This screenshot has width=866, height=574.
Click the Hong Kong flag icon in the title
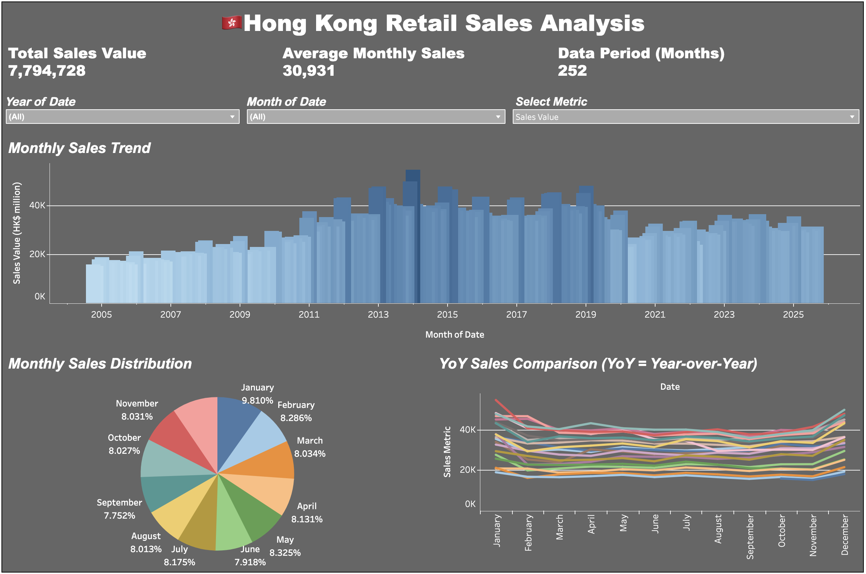[232, 23]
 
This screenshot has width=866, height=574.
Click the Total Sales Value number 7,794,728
[47, 70]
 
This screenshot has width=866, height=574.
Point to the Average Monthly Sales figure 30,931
[308, 70]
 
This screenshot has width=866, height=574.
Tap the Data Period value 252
[572, 70]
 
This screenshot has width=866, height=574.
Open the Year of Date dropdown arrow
[232, 117]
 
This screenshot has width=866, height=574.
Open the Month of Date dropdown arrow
[498, 117]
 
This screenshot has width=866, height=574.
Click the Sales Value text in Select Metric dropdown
[537, 117]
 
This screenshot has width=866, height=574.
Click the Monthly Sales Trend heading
[79, 148]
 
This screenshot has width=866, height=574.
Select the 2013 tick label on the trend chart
[378, 314]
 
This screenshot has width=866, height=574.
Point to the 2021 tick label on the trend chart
[655, 314]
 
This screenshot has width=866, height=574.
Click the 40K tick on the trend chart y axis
[38, 205]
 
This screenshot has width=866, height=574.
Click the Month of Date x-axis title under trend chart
[454, 335]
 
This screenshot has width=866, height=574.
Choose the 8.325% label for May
[285, 553]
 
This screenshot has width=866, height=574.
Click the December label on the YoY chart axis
[845, 535]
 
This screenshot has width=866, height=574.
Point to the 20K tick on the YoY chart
[467, 470]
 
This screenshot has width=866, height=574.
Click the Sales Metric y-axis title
[447, 452]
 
